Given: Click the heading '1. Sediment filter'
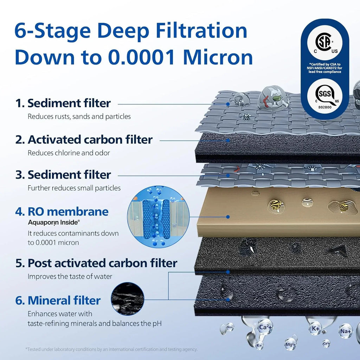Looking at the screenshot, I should point(63,103).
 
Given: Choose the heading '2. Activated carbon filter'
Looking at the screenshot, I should point(84,140).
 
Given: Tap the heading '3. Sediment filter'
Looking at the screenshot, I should point(63,175).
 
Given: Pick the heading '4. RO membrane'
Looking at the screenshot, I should point(62,212).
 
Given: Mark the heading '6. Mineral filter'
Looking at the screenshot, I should point(58,301).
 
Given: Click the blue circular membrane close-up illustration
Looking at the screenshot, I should point(158,216).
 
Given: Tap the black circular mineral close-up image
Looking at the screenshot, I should point(128,298).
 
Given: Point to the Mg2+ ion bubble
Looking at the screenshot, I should point(291,343).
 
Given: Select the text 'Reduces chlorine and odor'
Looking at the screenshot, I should point(69,153).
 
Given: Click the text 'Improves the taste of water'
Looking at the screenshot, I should point(70,276).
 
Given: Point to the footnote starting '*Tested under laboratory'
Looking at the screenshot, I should point(111,349).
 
